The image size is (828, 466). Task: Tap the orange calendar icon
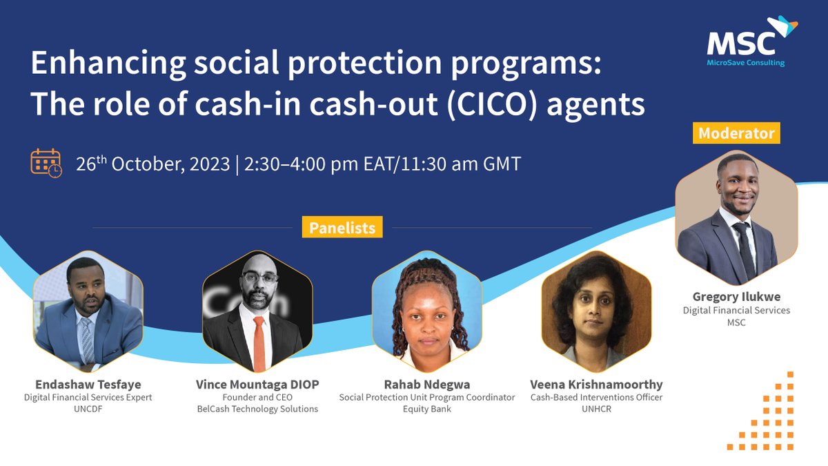pos(46,163)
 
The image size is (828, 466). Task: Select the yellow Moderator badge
pos(736,133)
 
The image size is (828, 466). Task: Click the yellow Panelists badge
pos(342,227)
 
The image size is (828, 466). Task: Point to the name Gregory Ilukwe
pos(736,297)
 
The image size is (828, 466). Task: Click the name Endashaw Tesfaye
pos(88,385)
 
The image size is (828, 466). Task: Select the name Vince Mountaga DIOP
pos(257,385)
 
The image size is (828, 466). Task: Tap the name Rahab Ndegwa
pos(427,385)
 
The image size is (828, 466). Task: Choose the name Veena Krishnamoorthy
pos(596,385)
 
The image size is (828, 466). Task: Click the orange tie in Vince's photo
pos(259,343)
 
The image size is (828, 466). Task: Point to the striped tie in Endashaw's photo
pos(88,340)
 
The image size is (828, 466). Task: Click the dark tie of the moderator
pos(744,250)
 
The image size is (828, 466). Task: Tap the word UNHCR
pos(596,409)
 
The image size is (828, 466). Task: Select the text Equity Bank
pos(427,409)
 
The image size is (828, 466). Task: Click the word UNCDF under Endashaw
pos(88,409)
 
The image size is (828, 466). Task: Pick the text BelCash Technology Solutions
pos(257,409)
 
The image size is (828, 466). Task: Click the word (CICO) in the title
pos(491,104)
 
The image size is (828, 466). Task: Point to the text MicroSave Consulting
pos(746,63)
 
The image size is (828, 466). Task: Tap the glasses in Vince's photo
pos(260,277)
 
